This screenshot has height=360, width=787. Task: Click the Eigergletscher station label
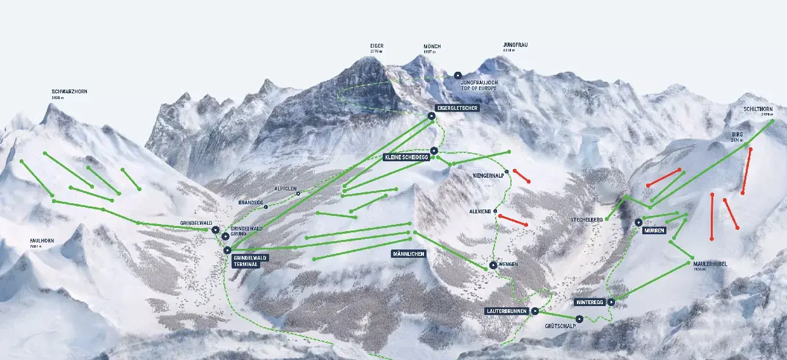pos(457,108)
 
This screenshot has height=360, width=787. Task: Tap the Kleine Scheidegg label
pos(406,157)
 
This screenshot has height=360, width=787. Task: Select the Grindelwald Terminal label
pos(250,260)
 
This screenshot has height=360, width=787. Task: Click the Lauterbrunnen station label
pos(506,312)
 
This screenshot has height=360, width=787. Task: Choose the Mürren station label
pos(654,230)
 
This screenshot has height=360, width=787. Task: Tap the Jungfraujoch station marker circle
pos(458,76)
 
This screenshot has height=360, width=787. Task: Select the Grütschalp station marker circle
pos(579,319)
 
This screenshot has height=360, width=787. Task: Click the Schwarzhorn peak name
pos(69,91)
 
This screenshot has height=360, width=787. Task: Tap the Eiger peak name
pos(377,46)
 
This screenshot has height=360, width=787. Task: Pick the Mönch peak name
pos(432,46)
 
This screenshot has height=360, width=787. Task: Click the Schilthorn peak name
pos(758,109)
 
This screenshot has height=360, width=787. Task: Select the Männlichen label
pos(408,253)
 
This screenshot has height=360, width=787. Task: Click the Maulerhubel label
pos(710,263)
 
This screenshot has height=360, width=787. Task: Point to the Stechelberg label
pos(586,219)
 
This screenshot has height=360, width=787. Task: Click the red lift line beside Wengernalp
pos(521,176)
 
